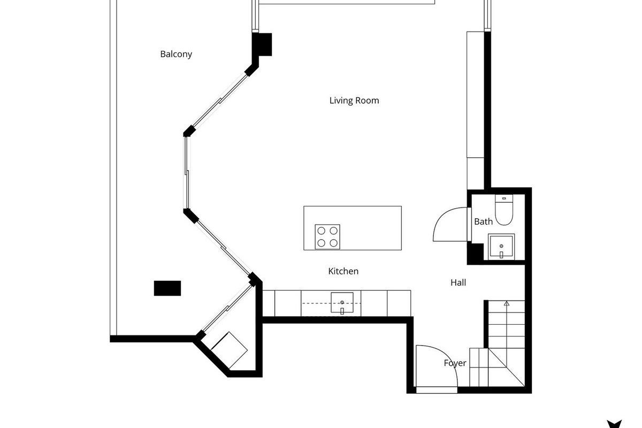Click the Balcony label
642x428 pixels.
pos(176,54)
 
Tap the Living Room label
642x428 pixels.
pos(354,101)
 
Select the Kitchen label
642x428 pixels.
pos(343,271)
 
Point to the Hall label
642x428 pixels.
pos(458,282)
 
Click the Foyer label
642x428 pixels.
pos(455,363)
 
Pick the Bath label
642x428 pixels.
pos(483,221)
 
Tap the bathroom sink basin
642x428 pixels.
pos(501,246)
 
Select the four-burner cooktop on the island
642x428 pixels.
pos(327,237)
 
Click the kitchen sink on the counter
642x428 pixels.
pos(342,302)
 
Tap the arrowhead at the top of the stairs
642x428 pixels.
pos(507,303)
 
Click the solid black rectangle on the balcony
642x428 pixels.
pos(167,288)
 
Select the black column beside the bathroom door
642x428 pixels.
pos(475,253)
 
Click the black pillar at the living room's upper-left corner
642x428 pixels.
pos(262,45)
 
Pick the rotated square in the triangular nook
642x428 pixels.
pos(229,350)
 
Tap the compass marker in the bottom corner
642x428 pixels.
pos(614,424)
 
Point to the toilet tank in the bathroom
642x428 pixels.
pos(504,198)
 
